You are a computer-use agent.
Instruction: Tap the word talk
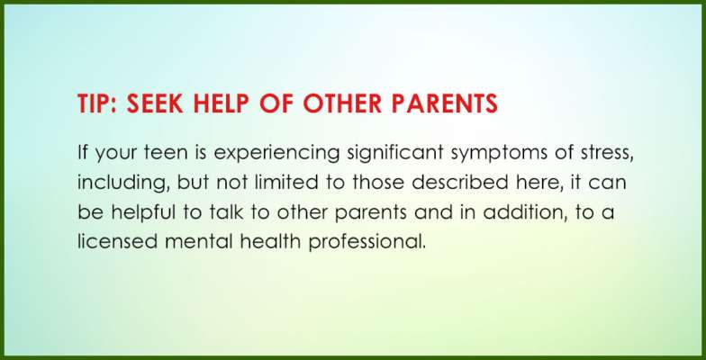tap(225, 212)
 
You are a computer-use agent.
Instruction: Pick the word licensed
tap(117, 242)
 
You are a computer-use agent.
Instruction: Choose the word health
tap(270, 242)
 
